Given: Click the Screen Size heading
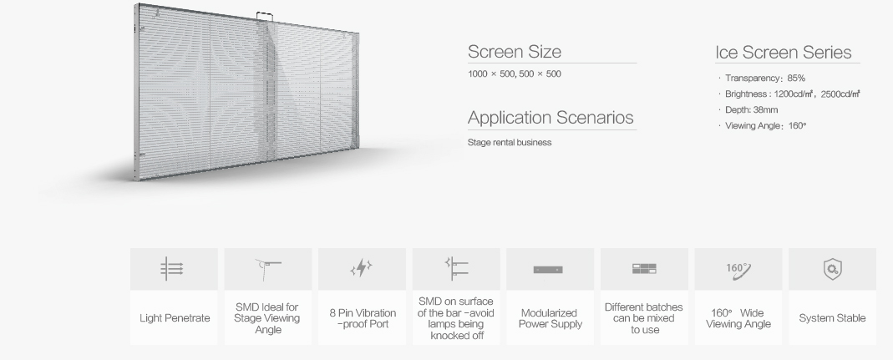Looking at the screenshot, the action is (515, 52).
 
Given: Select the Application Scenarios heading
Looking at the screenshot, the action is (551, 117).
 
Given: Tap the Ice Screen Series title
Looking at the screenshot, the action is (783, 53).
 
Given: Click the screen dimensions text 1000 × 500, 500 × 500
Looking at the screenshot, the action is (515, 74).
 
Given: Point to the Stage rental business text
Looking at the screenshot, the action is (509, 142).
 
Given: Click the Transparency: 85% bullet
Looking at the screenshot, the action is (762, 78).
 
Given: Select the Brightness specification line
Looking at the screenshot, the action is (789, 94).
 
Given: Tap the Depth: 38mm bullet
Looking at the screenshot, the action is (748, 110).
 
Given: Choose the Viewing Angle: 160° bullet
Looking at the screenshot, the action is (763, 126).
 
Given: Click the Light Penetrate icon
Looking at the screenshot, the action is (172, 268).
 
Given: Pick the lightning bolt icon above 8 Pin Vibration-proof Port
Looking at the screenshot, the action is (361, 268).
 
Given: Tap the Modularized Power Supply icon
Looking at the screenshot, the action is (548, 270).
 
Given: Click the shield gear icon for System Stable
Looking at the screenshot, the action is (833, 269).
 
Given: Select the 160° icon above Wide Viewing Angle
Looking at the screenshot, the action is (738, 271).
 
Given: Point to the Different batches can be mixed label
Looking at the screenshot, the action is (643, 318).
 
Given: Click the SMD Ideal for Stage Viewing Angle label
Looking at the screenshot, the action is (267, 318).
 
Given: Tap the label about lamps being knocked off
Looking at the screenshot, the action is (456, 318).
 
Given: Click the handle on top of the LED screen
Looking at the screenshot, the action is (264, 17).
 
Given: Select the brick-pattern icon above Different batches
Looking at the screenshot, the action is (644, 269).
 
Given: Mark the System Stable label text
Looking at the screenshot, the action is (832, 318).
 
